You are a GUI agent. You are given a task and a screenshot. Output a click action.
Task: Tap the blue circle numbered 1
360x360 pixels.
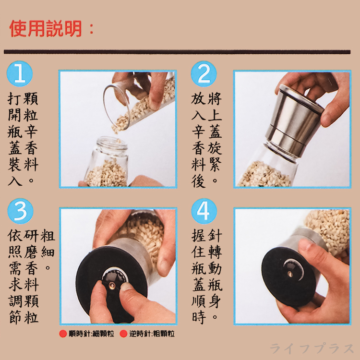[x=20, y=74]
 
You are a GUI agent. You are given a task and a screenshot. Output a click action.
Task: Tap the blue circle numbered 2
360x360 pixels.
[x=204, y=74]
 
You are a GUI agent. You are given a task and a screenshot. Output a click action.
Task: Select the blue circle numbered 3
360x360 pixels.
[x=20, y=211]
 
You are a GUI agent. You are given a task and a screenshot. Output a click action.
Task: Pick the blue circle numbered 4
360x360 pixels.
[x=204, y=211]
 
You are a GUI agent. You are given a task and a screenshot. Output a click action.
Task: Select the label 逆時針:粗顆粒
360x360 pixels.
[x=151, y=334]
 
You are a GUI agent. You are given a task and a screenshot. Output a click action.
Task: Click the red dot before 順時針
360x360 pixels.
[x=63, y=334]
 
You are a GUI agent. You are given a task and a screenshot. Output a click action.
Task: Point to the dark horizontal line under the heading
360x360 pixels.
[x=180, y=51]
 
